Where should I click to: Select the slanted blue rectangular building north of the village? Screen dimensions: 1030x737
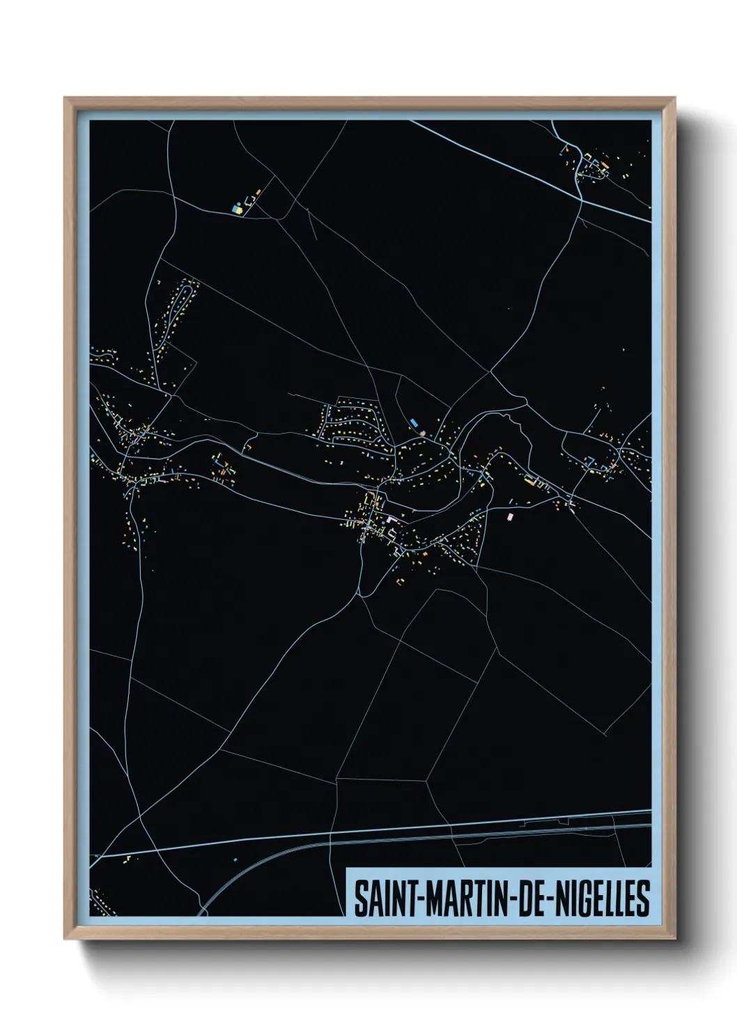coord(414,422)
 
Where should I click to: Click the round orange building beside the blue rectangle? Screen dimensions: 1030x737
coord(422,433)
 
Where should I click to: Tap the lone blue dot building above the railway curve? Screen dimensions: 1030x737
coord(235,859)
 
